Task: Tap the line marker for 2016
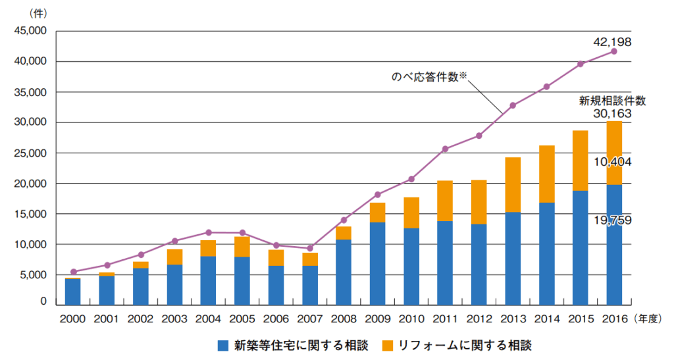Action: [614, 51]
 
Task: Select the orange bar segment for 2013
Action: [513, 185]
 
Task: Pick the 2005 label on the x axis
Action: [242, 318]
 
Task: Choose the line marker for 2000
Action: [73, 272]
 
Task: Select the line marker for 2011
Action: [445, 149]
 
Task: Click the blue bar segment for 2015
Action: [580, 247]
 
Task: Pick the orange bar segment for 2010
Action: [411, 213]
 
